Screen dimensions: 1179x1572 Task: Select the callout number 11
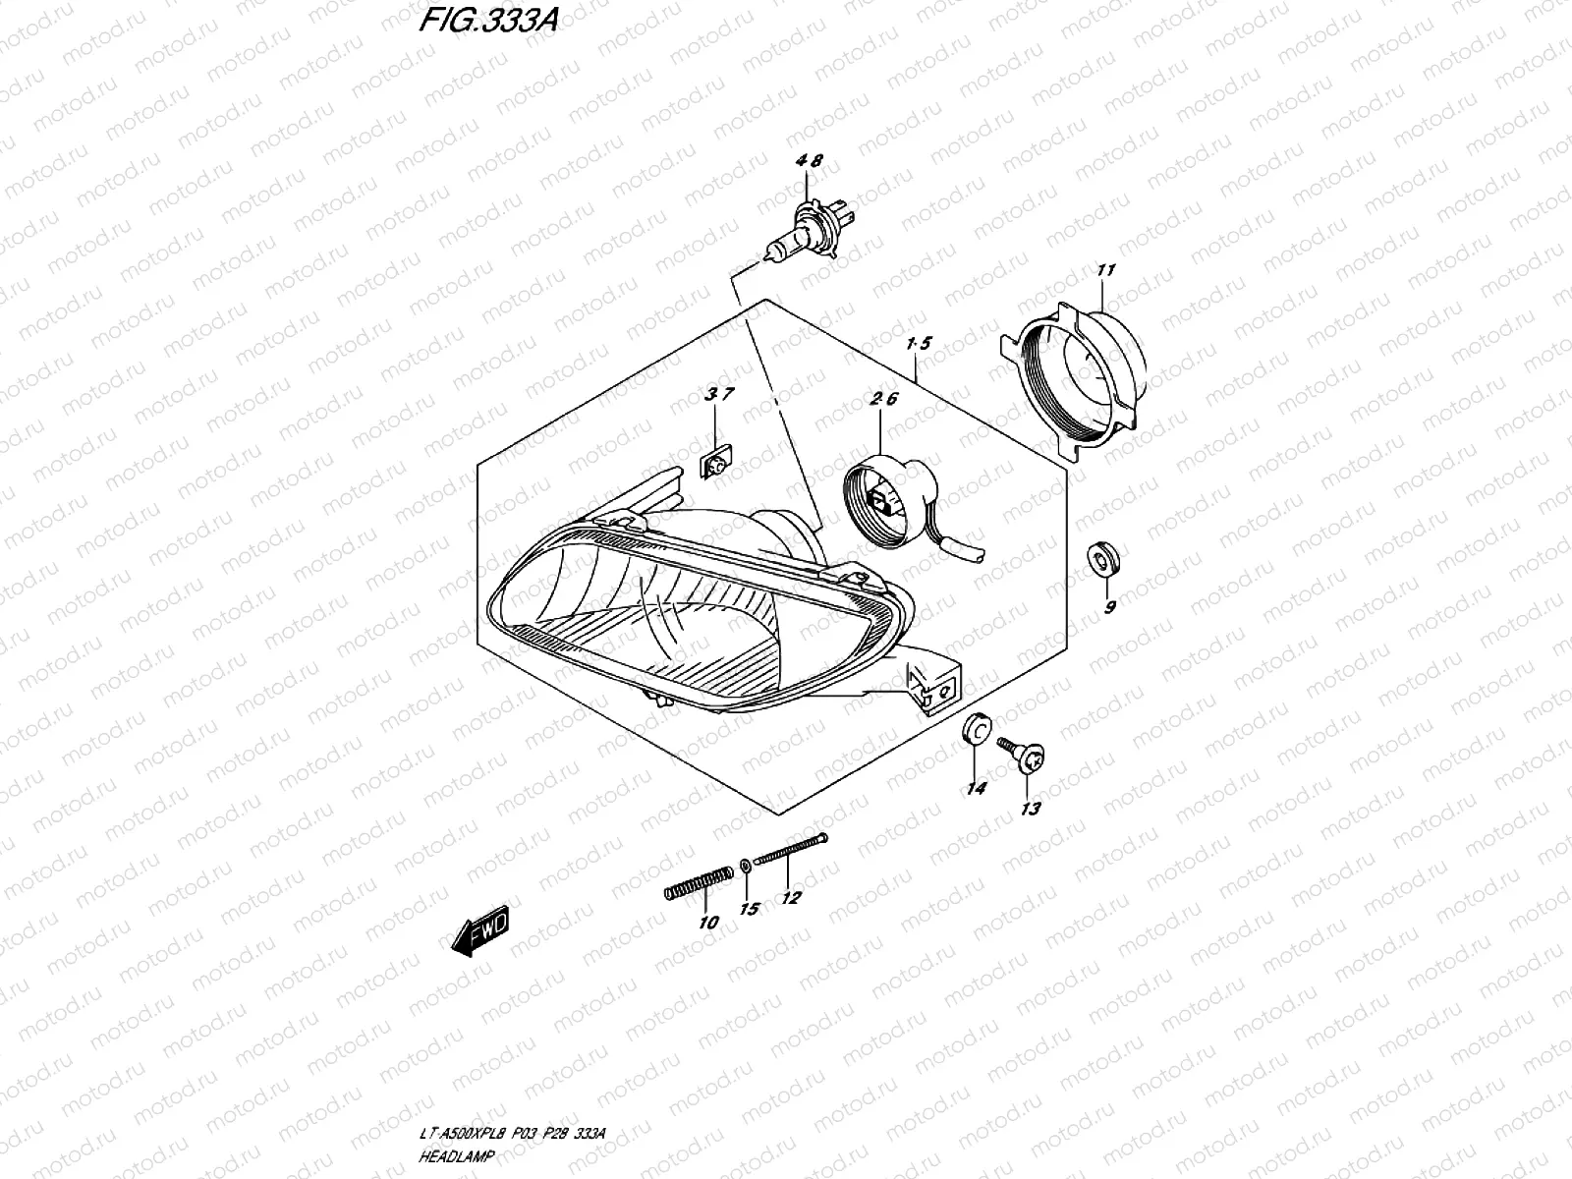1106,269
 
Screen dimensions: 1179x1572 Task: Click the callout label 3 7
719,395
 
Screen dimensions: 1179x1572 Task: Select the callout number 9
1110,608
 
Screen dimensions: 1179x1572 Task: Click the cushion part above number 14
976,728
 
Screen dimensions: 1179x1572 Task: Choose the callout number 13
1031,809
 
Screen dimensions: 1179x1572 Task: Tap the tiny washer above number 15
746,865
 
